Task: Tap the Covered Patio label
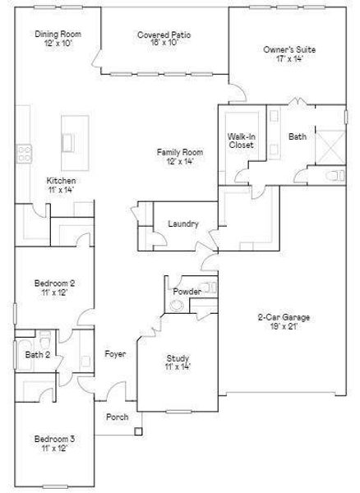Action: [164, 35]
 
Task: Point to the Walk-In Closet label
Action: [242, 141]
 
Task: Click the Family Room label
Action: [180, 152]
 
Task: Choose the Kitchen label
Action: [62, 181]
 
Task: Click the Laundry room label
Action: [182, 223]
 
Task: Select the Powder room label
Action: [187, 291]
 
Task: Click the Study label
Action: [178, 358]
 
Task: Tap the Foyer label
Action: [115, 354]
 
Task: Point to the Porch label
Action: [118, 417]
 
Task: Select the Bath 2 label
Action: [37, 355]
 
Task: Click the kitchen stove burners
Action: [25, 153]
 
